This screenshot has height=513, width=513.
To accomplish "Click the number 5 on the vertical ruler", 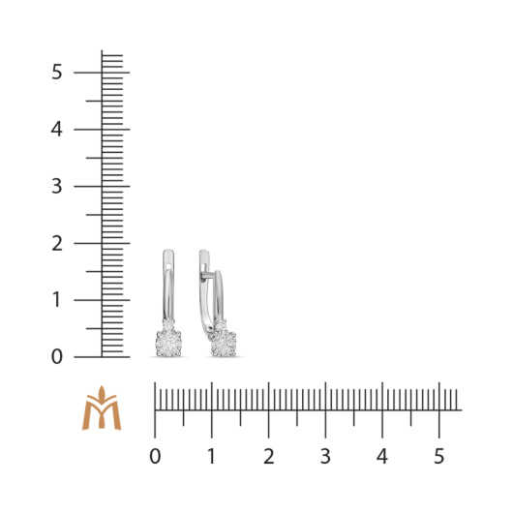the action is point(56,72).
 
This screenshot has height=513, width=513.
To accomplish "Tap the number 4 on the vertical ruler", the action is point(56,130).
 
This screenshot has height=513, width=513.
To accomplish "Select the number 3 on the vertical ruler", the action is point(56,186).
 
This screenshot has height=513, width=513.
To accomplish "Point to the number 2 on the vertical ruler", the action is point(57,243).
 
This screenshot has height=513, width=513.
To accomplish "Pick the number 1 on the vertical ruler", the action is point(56,300).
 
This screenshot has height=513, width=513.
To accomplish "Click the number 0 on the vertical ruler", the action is point(56,356).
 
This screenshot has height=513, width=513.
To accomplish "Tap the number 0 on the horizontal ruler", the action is point(155,456).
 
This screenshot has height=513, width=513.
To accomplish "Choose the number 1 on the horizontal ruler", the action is point(212,456).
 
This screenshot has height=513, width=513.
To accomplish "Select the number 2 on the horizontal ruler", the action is point(269,456).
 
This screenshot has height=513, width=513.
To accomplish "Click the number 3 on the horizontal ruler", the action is point(325,456).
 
